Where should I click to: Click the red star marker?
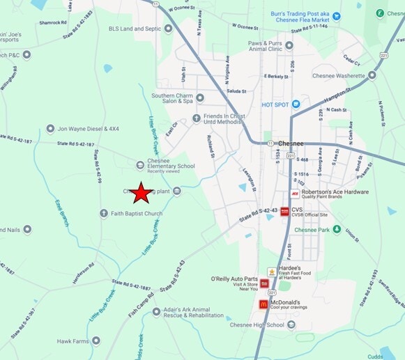142,193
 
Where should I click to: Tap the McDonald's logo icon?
263,304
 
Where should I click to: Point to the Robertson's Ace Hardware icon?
295,194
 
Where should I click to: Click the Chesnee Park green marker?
337,229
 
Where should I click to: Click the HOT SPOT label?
275,105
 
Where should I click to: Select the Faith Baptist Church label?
137,214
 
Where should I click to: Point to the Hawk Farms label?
74,341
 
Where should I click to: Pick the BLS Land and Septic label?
135,29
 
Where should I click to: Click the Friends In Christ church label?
222,119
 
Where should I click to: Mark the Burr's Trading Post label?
302,15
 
